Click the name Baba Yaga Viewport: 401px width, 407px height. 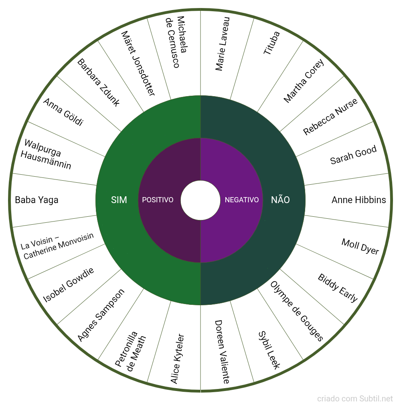pos(36,200)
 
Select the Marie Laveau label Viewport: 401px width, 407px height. pos(223,44)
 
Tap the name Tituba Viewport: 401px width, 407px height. pos(271,43)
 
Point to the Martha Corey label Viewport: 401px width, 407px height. pos(304,81)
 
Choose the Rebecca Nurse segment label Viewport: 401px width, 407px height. pos(330,117)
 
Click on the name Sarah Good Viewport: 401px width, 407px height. pos(353,155)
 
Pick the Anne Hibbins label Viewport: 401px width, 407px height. pos(358,200)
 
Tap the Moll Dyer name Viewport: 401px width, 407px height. pos(360,246)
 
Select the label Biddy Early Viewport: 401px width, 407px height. pos(338,288)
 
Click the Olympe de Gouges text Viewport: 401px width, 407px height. pos(296,311)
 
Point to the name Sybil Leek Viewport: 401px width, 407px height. pos(269,350)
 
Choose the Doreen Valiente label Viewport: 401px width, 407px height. pos(222,352)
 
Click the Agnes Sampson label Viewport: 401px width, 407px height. pos(101,315)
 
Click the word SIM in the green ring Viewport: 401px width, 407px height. pos(119,200)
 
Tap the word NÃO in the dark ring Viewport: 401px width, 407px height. pos(280,200)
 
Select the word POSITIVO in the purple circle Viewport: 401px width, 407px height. pos(158,200)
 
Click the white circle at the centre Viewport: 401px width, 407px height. pos(200,200)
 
